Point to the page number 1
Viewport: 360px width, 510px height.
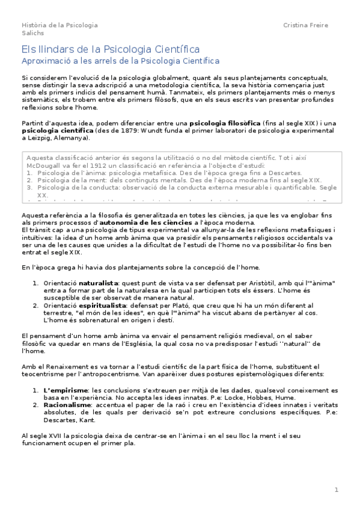coord(337,490)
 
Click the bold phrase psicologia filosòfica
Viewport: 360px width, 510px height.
coord(224,123)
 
